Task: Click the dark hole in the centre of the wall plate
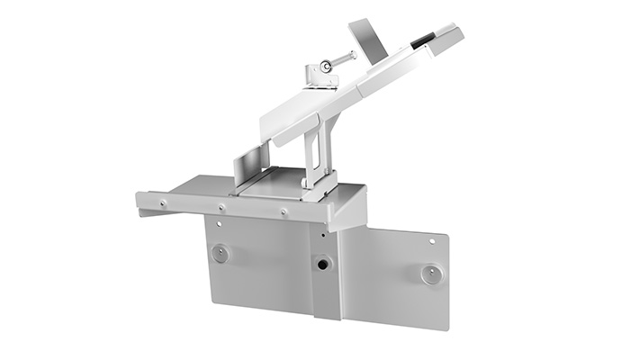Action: [x=321, y=264]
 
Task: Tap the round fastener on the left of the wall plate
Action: [x=220, y=253]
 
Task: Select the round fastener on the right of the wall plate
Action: [x=432, y=274]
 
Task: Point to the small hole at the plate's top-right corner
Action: [x=436, y=240]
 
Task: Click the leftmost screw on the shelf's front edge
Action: [x=163, y=203]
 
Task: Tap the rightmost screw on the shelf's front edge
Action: [x=284, y=212]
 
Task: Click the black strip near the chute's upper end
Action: [x=422, y=40]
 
